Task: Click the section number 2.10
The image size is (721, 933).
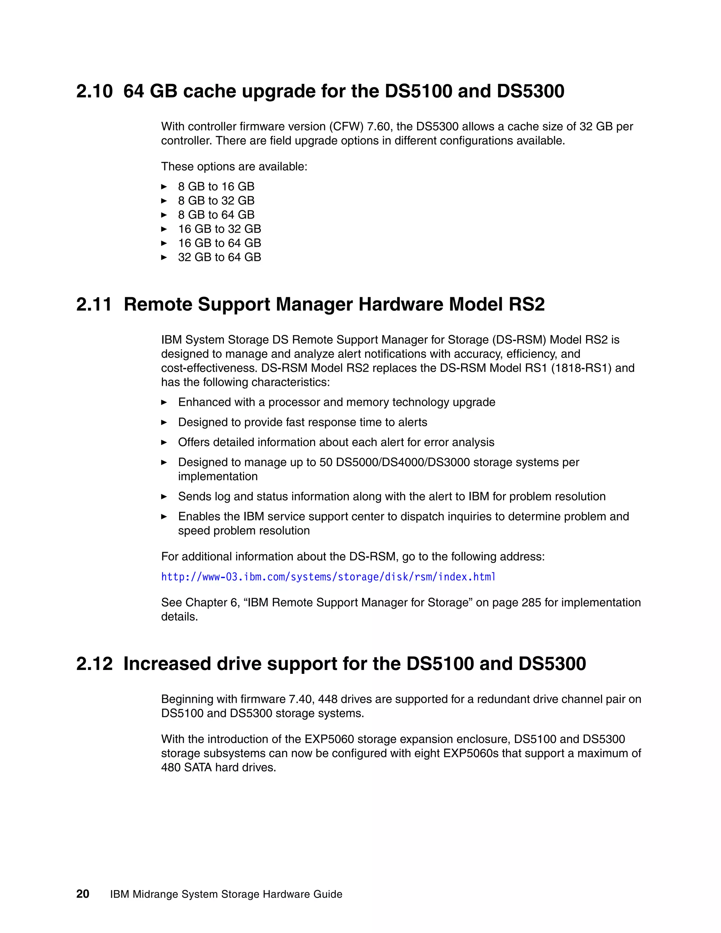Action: pyautogui.click(x=94, y=92)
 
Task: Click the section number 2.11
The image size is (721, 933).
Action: pyautogui.click(x=94, y=305)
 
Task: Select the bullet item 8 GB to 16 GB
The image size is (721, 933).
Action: pyautogui.click(x=216, y=187)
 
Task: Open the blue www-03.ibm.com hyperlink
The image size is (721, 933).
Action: pyautogui.click(x=328, y=577)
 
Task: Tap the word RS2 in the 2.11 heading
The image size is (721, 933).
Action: pyautogui.click(x=527, y=305)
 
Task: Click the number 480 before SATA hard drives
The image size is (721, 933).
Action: pyautogui.click(x=171, y=768)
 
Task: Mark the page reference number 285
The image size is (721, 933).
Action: pyautogui.click(x=531, y=603)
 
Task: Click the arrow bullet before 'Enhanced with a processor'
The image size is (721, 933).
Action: pyautogui.click(x=164, y=402)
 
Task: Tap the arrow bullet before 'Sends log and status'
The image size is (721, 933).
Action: pyautogui.click(x=164, y=497)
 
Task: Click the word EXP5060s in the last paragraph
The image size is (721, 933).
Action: pyautogui.click(x=471, y=753)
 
